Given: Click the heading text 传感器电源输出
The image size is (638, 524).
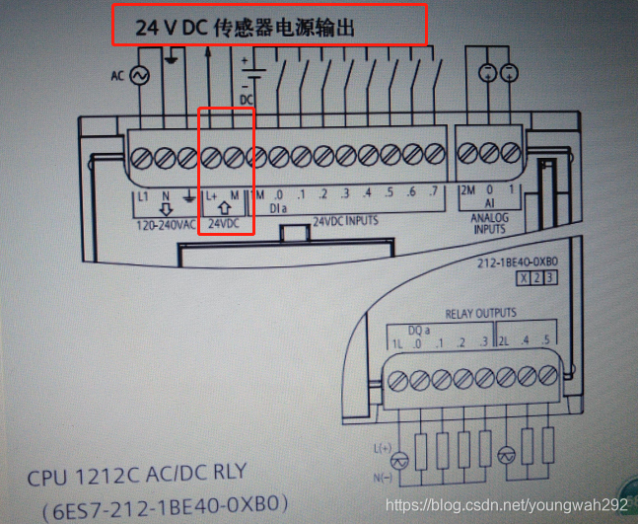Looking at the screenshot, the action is click(290, 28).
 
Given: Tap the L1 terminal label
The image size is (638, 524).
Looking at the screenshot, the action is click(143, 195).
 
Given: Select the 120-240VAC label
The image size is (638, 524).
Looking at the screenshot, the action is click(165, 226).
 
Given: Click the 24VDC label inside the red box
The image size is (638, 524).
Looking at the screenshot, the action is click(224, 224).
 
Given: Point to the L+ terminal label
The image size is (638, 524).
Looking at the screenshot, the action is click(212, 194).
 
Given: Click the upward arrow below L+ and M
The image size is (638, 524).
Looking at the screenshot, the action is click(224, 208).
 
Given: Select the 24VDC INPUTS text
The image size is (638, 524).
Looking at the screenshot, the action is click(344, 222).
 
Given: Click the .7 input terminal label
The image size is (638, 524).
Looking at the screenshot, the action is click(433, 193).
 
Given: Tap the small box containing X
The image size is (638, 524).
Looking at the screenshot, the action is click(524, 278).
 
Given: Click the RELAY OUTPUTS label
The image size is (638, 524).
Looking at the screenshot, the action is click(480, 314).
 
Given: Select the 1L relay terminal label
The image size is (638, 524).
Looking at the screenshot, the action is click(397, 343).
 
